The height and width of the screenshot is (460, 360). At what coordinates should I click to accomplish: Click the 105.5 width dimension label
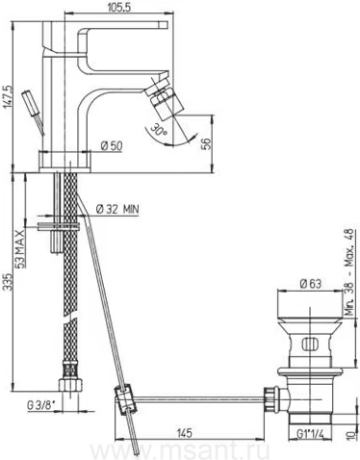[x=118, y=7]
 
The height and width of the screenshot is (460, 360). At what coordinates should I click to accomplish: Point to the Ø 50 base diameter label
[x=112, y=146]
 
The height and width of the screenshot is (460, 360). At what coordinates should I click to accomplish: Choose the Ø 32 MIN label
[x=117, y=210]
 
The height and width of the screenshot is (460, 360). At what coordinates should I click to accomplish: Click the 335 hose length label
[x=7, y=282]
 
